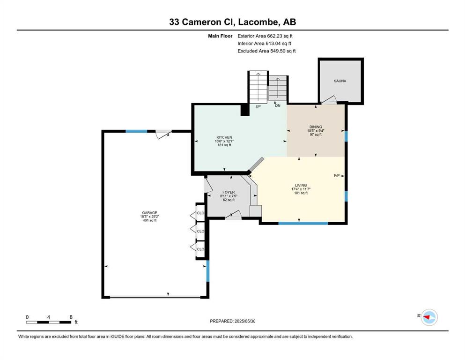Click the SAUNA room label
(340, 81)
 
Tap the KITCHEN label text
(224, 137)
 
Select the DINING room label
(316, 127)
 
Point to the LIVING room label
(301, 185)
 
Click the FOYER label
(229, 192)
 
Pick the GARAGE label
(149, 213)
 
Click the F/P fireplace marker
(337, 176)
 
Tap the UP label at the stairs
(258, 106)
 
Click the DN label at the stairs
(278, 105)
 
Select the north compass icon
(429, 317)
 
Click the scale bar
(49, 322)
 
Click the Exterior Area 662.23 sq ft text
(265, 36)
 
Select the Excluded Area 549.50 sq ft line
(266, 51)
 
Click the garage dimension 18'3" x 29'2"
(149, 217)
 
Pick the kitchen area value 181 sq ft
(224, 145)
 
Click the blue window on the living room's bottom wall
(303, 223)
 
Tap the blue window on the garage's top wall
(136, 131)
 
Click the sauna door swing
(329, 100)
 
